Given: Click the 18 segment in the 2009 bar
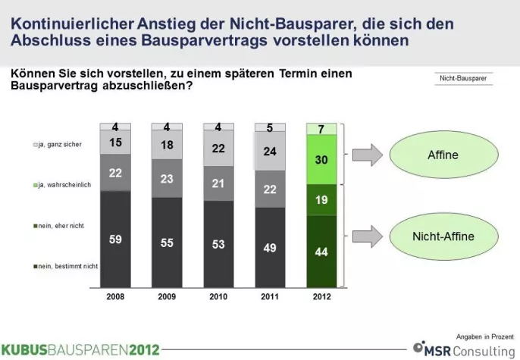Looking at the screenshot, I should pos(167,145).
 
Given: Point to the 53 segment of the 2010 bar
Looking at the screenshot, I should pos(219,243).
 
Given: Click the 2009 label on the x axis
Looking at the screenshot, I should pos(167,296).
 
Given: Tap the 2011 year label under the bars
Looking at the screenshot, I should pos(271,296).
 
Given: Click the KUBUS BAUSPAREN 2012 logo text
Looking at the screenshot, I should pos(80,349).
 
